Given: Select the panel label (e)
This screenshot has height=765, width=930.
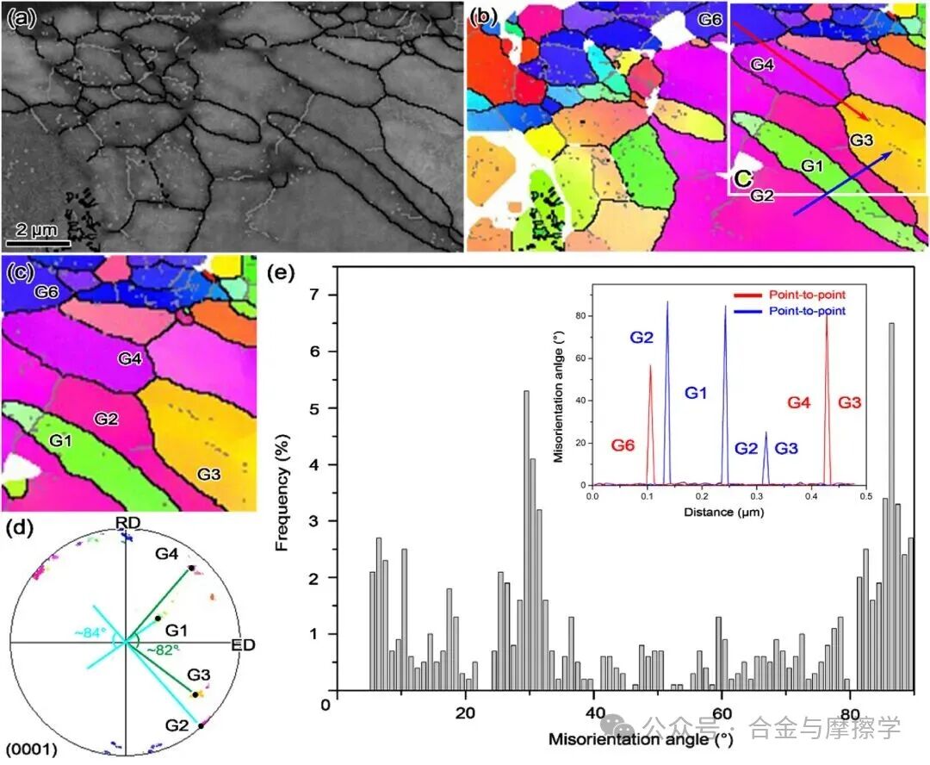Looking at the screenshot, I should [282, 275].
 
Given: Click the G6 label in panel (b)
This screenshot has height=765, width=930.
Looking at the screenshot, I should [709, 19].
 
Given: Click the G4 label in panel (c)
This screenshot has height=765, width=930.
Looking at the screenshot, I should [129, 358].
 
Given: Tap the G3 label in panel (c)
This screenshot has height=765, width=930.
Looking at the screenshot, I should [211, 474].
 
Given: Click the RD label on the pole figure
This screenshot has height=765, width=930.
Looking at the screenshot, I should [127, 524].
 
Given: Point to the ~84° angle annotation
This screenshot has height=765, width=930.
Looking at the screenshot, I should [90, 633].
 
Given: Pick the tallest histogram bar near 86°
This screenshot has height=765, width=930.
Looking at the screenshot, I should [891, 507].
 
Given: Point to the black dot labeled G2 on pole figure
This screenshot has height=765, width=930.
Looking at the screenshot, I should [201, 726].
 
